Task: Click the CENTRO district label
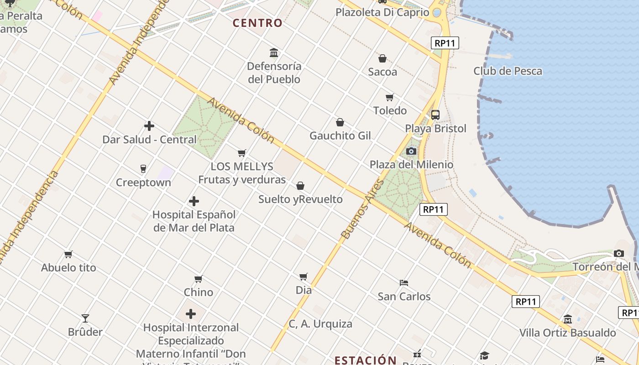[x=257, y=23]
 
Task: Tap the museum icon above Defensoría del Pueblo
[x=274, y=53]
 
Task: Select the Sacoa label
[x=382, y=72]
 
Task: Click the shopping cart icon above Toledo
[x=390, y=97]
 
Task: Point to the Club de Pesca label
[x=508, y=71]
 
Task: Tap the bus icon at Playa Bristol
[x=435, y=115]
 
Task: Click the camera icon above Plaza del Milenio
[x=411, y=151]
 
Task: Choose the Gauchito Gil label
[x=340, y=136]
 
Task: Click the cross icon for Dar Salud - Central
[x=149, y=126]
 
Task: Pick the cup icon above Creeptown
[x=143, y=169]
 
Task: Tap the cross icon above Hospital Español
[x=194, y=201]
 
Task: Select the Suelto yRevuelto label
[x=300, y=199]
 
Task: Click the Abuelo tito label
[x=68, y=267]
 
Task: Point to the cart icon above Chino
[x=199, y=279]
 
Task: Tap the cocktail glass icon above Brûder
[x=85, y=318]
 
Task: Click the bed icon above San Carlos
[x=404, y=283]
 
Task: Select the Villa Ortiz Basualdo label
[x=567, y=333]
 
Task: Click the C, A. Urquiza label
[x=320, y=324]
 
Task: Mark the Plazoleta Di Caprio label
[x=382, y=12]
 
